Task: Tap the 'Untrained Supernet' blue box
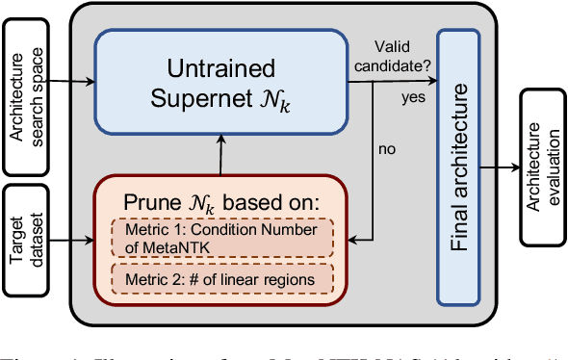(220, 83)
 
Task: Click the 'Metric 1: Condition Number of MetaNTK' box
(220, 238)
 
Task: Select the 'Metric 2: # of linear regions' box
(220, 279)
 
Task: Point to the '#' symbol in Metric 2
(193, 279)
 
